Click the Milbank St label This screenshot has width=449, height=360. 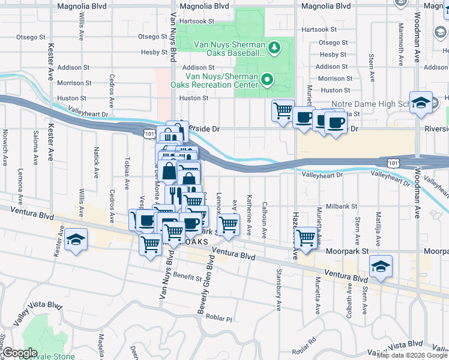click(x=341, y=206)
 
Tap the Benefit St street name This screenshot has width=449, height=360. click(x=187, y=277)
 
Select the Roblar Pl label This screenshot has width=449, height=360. click(x=219, y=317)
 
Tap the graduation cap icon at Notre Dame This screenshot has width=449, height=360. click(x=421, y=103)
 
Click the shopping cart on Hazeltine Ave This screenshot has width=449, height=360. click(x=306, y=238)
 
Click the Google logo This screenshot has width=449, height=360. click(x=19, y=353)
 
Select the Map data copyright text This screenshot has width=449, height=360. click(x=411, y=355)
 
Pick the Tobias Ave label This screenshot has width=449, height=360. click(x=127, y=170)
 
